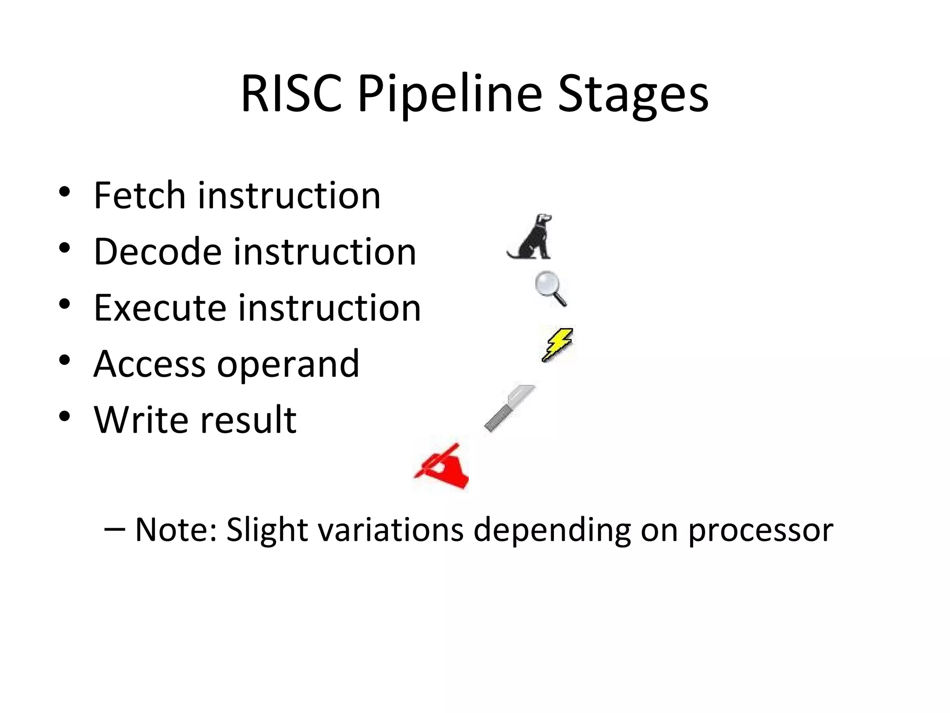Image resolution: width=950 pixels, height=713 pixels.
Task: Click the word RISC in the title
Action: [291, 94]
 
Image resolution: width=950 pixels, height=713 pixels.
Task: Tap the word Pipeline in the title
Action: [449, 95]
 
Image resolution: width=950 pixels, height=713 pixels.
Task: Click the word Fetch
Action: [139, 195]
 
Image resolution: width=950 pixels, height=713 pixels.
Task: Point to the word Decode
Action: [158, 252]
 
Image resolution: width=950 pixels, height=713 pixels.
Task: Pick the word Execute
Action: [160, 308]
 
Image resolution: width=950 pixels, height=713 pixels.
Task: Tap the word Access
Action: [149, 364]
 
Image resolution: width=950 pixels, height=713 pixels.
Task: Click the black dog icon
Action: [531, 237]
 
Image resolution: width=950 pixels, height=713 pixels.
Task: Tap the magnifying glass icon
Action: [551, 288]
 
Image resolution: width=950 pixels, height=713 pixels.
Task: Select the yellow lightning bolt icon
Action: [558, 344]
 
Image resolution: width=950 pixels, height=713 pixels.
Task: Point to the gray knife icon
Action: [509, 408]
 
